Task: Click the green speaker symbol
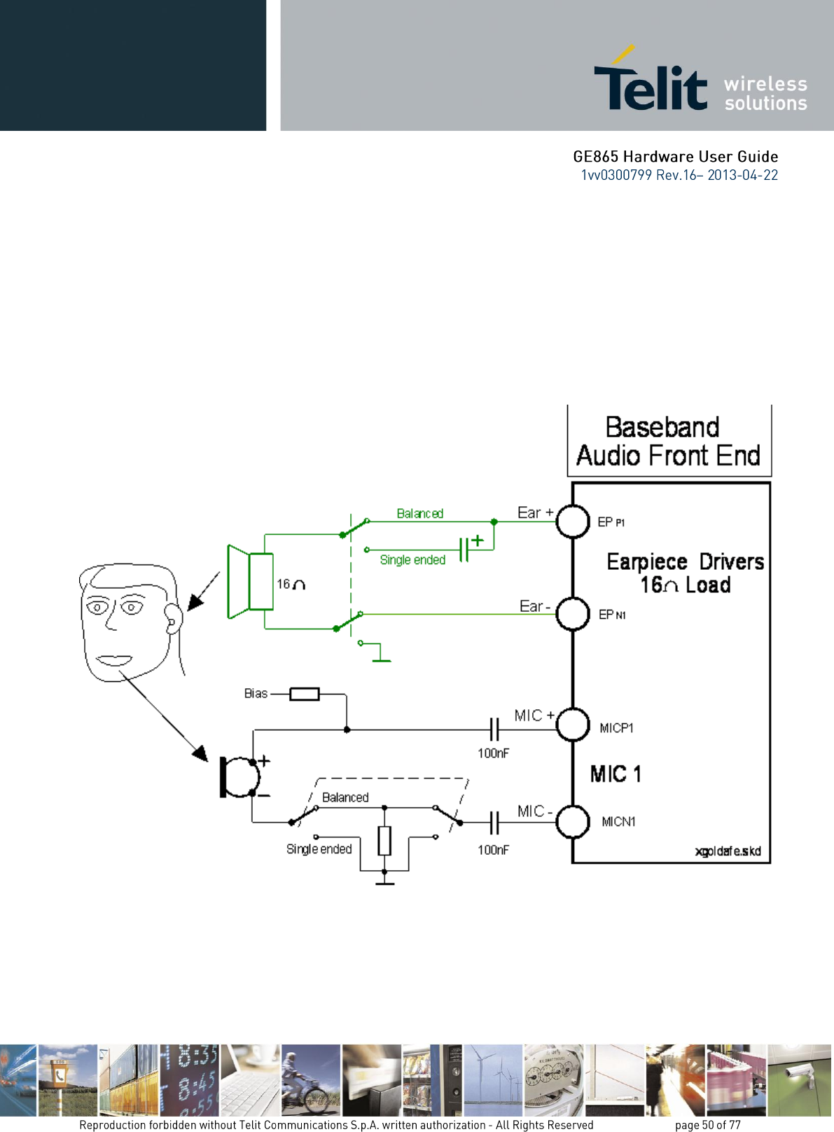[x=250, y=581]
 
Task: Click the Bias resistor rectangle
[x=305, y=694]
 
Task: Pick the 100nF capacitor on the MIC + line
[x=494, y=729]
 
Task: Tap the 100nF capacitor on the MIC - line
[x=494, y=823]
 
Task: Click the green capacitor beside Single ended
[x=464, y=550]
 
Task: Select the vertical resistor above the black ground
[x=384, y=841]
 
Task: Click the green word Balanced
[x=420, y=513]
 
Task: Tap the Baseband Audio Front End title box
[x=669, y=440]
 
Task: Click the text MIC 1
[x=616, y=774]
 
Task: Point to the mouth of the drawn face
[x=114, y=660]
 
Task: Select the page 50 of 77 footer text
[x=708, y=1124]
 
